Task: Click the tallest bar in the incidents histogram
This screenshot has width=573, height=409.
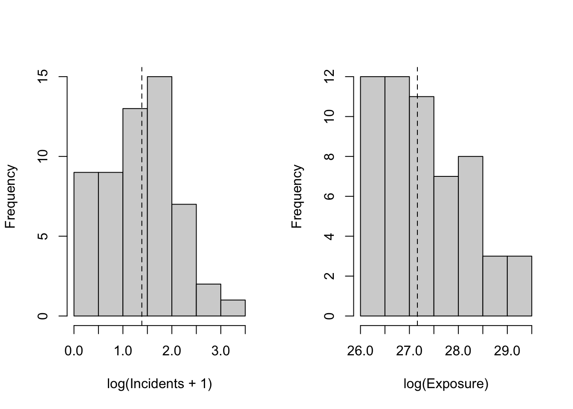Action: tap(159, 196)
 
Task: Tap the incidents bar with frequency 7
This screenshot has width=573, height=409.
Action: tap(184, 260)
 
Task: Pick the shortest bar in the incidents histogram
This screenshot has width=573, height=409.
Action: tap(233, 308)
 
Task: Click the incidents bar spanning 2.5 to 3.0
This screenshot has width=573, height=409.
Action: tap(208, 300)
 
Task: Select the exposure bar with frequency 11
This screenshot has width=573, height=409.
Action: tap(422, 206)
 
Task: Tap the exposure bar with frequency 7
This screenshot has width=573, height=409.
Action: tap(446, 246)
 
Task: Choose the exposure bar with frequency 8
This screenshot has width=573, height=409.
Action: tap(470, 236)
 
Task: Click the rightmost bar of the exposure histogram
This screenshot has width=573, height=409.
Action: tap(519, 286)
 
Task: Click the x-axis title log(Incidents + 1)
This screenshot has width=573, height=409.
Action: tap(159, 384)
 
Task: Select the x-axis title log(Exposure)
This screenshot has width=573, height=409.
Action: tap(446, 384)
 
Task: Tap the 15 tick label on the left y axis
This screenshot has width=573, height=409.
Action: tap(43, 77)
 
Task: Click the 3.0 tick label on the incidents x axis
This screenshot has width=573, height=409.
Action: tap(221, 351)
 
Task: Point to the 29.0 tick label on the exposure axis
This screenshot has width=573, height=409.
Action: tap(507, 351)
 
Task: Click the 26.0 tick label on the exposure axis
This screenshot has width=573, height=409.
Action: tap(361, 351)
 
